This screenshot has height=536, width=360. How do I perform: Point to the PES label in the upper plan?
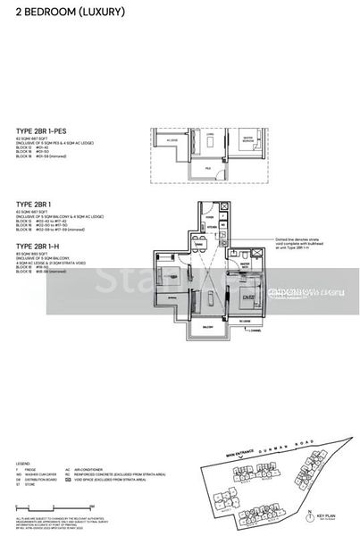click(x=206, y=168)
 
